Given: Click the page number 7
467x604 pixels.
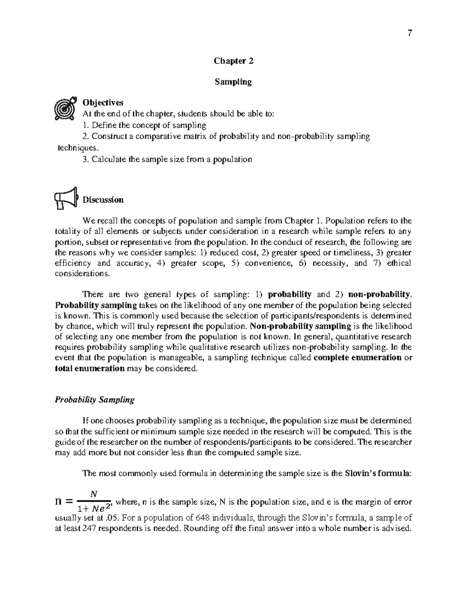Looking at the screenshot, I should click(x=409, y=33).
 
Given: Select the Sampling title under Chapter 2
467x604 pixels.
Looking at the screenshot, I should click(x=233, y=82).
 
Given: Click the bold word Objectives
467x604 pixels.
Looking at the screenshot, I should click(x=103, y=103).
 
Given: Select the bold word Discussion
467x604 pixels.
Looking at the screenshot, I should click(x=103, y=200).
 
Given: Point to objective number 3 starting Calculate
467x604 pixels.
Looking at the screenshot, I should click(x=167, y=159).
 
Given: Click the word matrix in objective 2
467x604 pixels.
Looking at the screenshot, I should click(x=204, y=137).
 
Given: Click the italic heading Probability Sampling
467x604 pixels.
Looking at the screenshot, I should click(x=95, y=400).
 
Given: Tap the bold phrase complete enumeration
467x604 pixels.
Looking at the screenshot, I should click(x=357, y=358).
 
